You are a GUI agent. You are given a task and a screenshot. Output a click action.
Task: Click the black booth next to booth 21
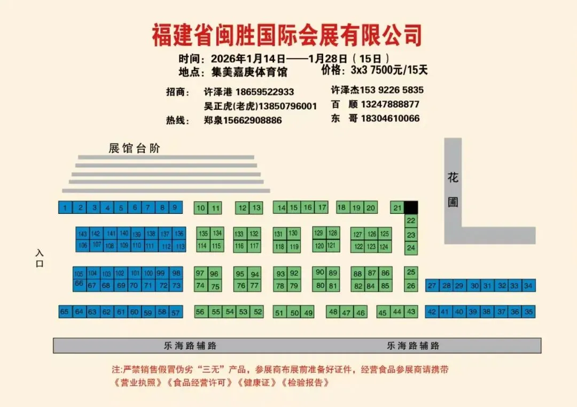[x=411, y=207]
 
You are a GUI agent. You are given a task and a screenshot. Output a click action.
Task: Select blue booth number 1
[x=65, y=208]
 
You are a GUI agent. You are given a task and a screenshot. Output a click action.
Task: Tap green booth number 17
[x=321, y=208]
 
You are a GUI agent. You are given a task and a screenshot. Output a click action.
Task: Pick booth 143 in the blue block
[x=82, y=234]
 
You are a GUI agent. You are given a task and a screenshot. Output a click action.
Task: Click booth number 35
[x=528, y=312]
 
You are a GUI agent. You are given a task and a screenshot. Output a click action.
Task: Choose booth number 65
[x=65, y=312]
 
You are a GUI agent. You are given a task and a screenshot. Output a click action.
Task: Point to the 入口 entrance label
[x=39, y=258]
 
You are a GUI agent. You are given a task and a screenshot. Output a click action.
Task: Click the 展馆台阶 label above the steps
[x=134, y=148]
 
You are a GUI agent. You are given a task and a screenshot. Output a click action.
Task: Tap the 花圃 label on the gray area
[x=453, y=189]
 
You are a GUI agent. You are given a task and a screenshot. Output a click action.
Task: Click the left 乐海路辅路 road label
[x=190, y=346]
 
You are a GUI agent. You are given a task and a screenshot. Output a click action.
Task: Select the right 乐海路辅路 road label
[x=413, y=346]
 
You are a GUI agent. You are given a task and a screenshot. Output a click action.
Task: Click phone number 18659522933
[x=264, y=92]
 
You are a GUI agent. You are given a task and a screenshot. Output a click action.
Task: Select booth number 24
[x=411, y=248]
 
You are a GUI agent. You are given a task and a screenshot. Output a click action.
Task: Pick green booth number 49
[x=308, y=313]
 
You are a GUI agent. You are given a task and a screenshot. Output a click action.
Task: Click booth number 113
[x=180, y=246]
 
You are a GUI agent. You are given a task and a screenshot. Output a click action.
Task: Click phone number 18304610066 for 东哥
[x=390, y=118]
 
